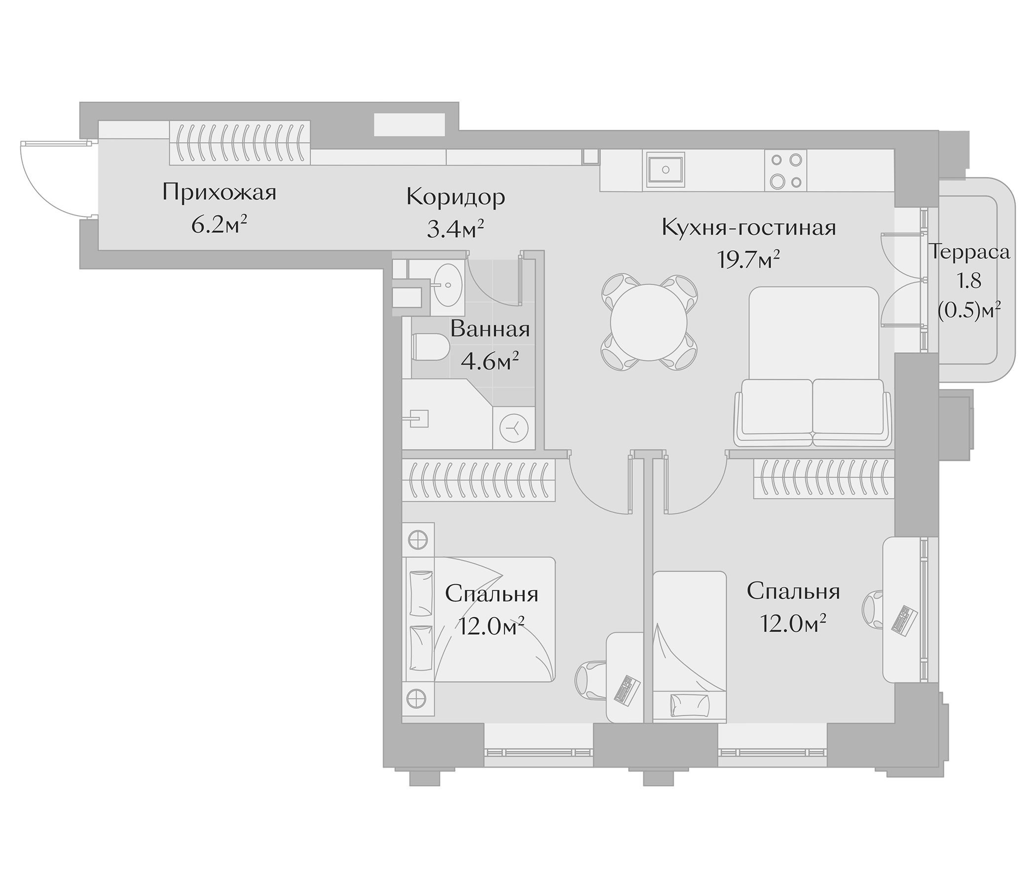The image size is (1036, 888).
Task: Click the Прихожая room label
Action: point(219,192)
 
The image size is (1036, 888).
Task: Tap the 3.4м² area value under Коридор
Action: point(455,229)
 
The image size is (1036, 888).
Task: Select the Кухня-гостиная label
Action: point(748,228)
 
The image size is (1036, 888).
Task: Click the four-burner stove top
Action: point(785,171)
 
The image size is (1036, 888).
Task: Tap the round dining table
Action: point(648,323)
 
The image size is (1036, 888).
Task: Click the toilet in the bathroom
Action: point(430,347)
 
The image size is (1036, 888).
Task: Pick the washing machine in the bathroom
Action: point(514,429)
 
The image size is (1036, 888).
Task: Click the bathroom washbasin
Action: point(447,285)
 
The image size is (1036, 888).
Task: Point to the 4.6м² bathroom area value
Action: point(489,362)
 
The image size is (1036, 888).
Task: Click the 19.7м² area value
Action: point(748,259)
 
